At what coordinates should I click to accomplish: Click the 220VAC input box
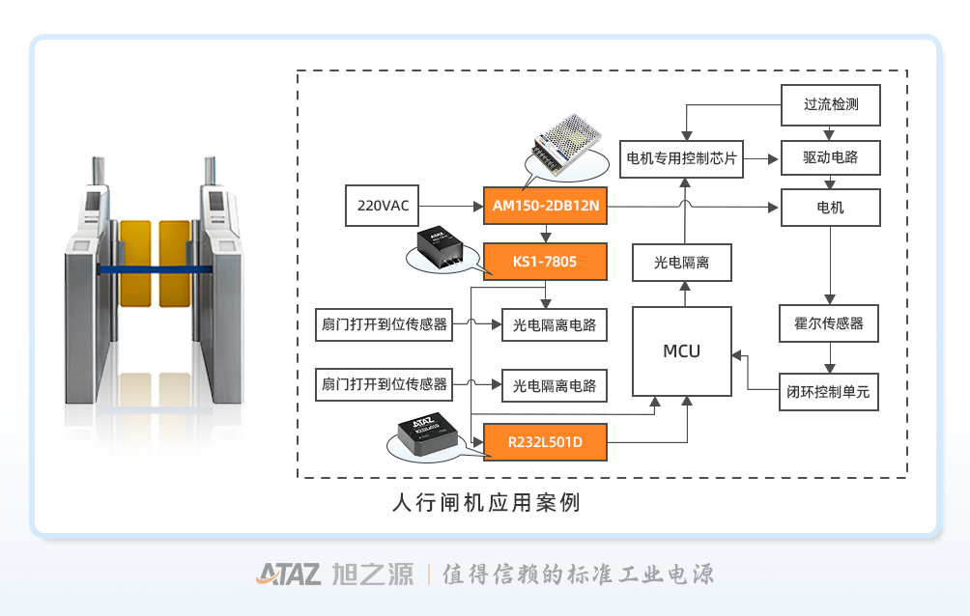click(384, 206)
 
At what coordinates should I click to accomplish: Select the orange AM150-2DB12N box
click(545, 206)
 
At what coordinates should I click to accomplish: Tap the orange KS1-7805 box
click(545, 262)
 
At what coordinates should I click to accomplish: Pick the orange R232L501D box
click(545, 442)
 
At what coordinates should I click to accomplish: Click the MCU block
click(681, 351)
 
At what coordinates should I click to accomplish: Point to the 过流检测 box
click(831, 104)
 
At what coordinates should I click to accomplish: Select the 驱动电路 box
click(831, 156)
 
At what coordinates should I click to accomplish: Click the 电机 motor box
click(831, 208)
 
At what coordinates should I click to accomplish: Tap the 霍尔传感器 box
click(829, 323)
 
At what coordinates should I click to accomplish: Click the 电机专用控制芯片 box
click(681, 157)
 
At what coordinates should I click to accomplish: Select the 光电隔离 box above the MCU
click(681, 262)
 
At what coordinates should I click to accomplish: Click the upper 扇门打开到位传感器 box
click(385, 325)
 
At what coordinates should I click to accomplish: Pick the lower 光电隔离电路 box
click(555, 384)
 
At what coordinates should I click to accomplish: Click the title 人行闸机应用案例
click(486, 503)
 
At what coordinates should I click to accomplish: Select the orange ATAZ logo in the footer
click(288, 574)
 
